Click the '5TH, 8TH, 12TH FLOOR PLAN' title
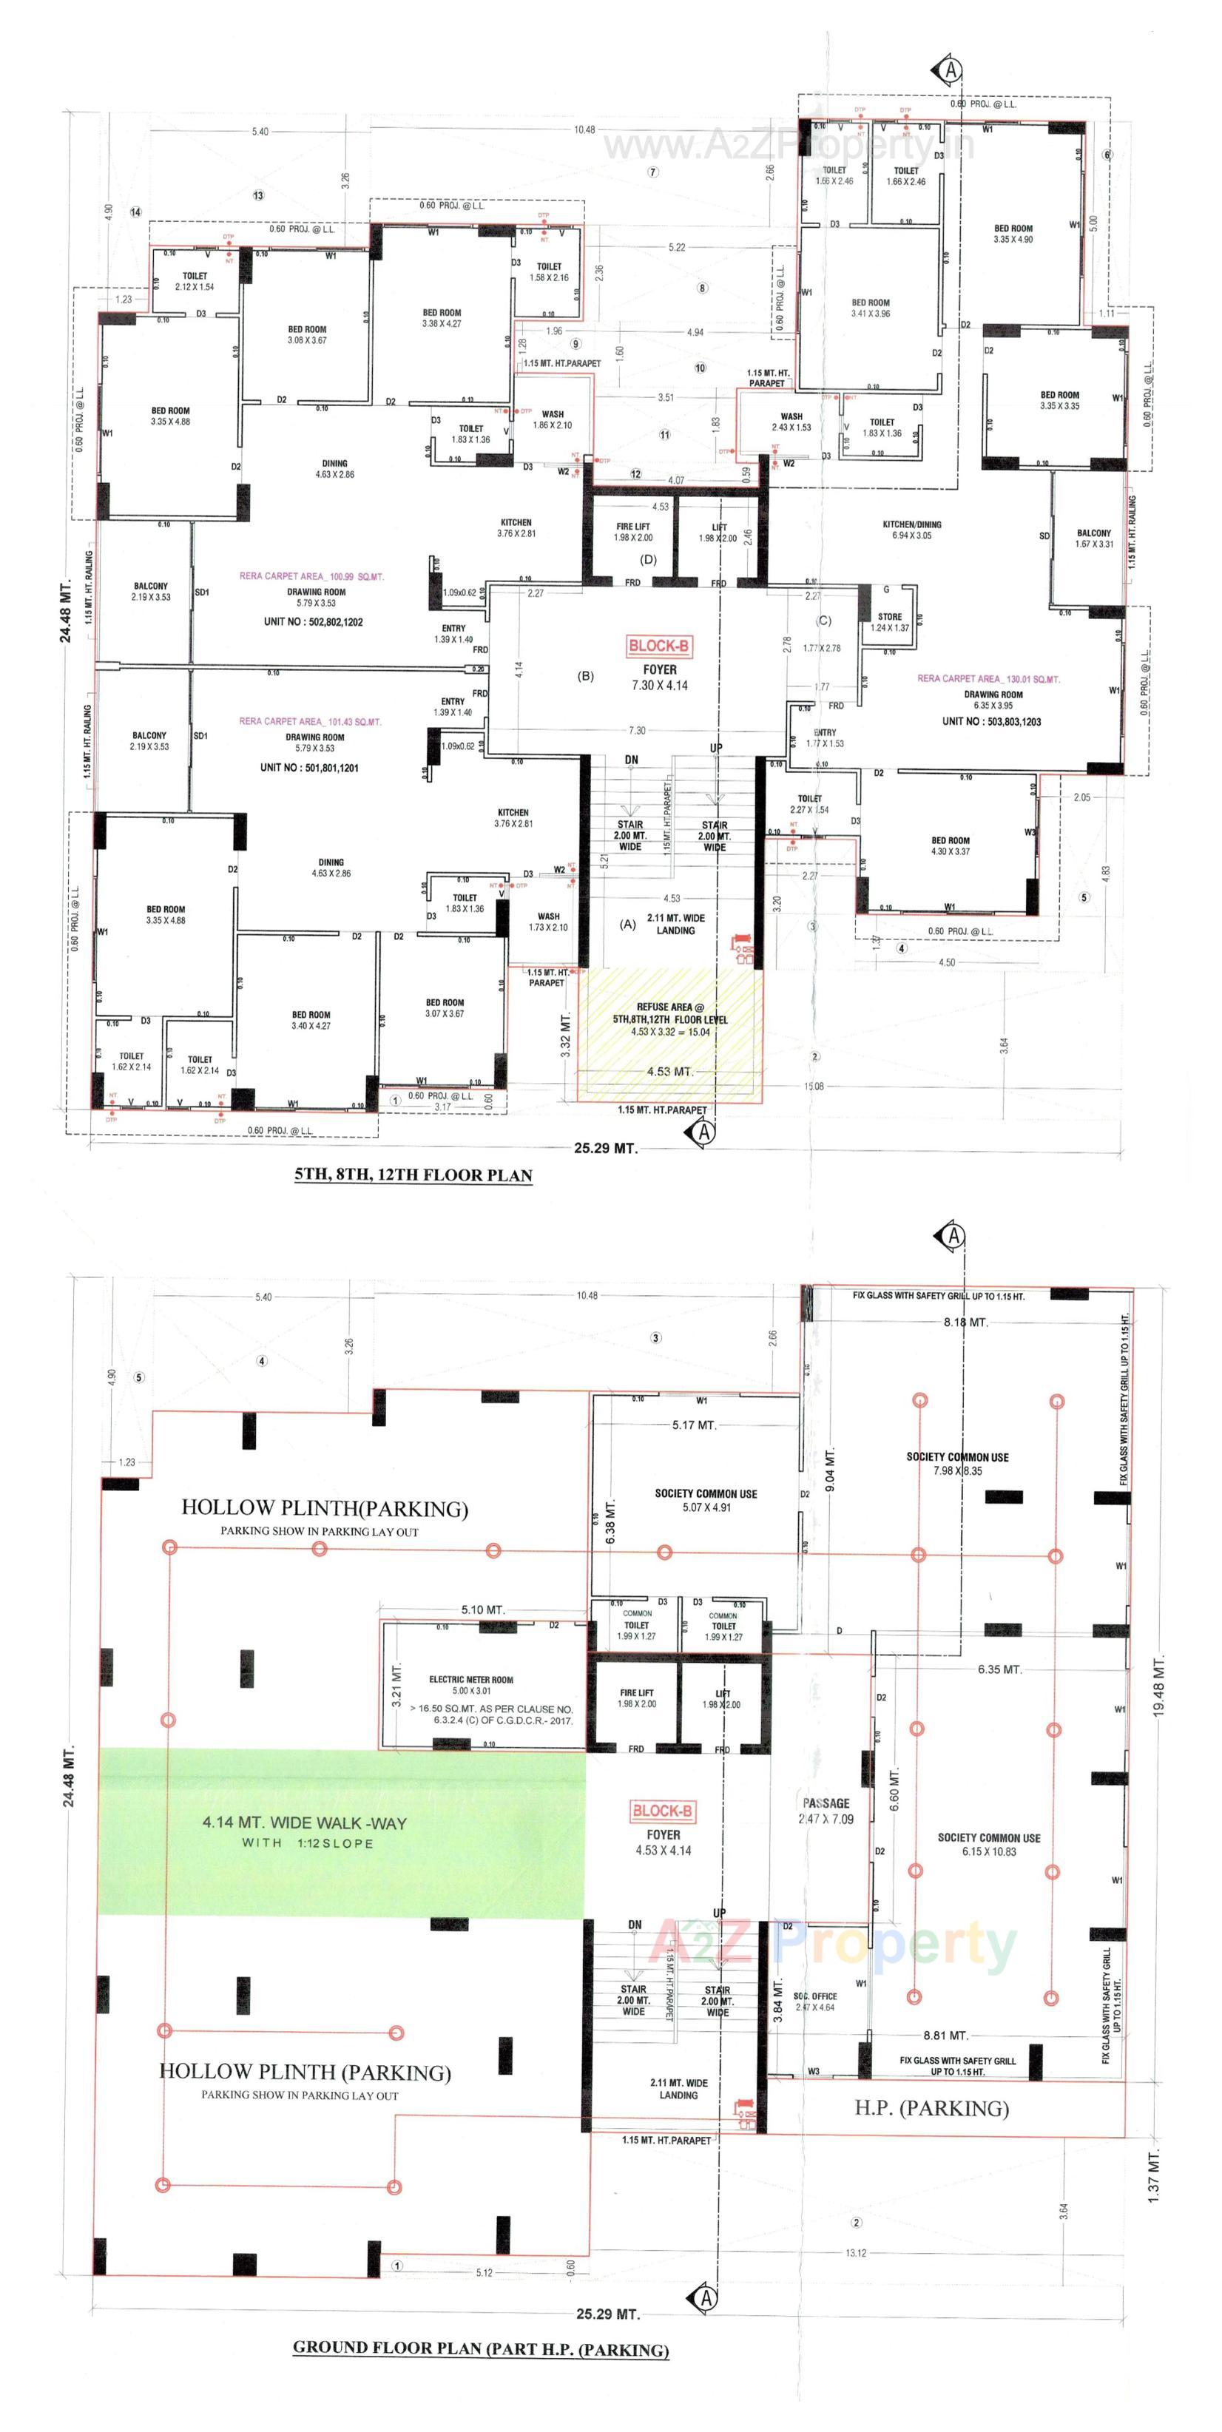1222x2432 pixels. (413, 1175)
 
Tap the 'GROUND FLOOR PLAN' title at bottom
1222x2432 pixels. (480, 2348)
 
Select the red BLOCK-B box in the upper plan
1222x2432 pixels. (659, 646)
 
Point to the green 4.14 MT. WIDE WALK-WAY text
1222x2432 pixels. (304, 1823)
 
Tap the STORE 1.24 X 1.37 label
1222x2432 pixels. (890, 622)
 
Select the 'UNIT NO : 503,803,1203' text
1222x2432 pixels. (990, 721)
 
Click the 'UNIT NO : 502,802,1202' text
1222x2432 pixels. (313, 622)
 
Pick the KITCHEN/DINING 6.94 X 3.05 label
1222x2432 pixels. (911, 530)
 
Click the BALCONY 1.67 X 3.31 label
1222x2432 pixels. (1093, 538)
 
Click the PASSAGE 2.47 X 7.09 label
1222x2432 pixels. (826, 1811)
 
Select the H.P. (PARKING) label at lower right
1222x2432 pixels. (931, 2108)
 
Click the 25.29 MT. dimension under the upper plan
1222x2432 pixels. (605, 1149)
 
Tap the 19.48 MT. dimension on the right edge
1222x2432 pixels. (1158, 1684)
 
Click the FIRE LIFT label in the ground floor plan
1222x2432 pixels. (636, 1698)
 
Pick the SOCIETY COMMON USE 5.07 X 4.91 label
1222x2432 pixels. (706, 1500)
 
